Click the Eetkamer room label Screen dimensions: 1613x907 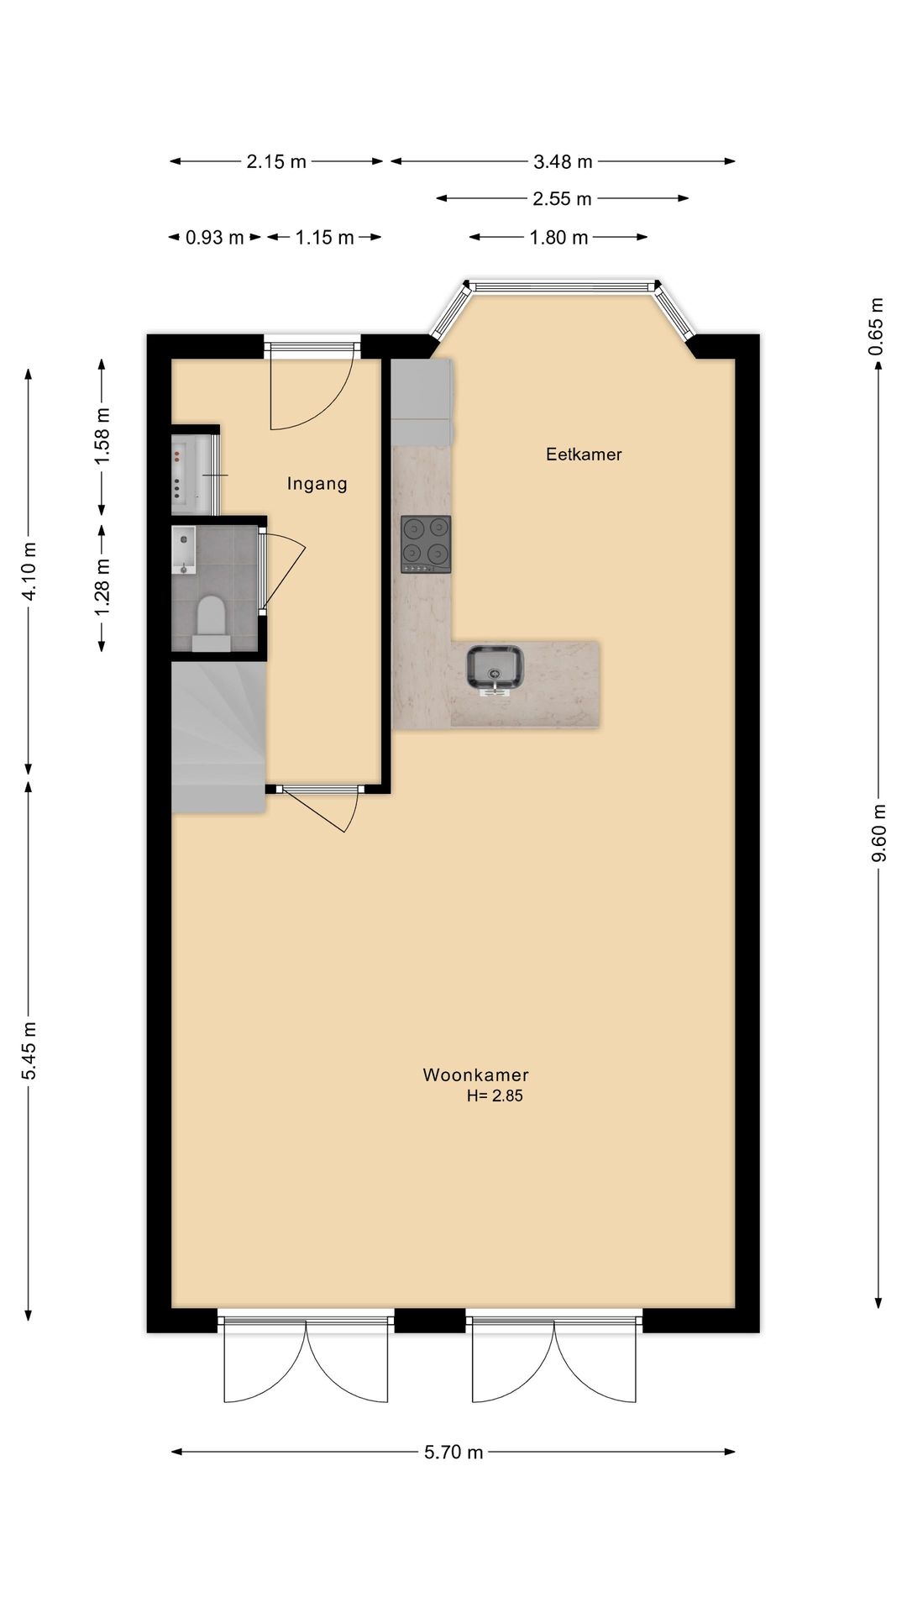[584, 454]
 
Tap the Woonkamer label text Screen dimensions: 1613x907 [475, 1074]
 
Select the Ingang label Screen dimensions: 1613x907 [317, 483]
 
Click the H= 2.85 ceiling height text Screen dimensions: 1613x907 [495, 1095]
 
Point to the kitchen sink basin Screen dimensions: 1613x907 [495, 670]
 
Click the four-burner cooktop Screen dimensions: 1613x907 [426, 544]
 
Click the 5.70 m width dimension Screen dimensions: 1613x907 [453, 1452]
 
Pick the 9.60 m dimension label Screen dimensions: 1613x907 [878, 833]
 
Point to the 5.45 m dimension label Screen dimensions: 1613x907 [29, 1050]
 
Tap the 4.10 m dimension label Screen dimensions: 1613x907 [29, 571]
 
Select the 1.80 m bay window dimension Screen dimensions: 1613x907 [558, 238]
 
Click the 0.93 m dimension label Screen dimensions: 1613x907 [214, 238]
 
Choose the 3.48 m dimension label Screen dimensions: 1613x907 [563, 161]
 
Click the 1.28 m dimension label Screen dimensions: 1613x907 [102, 586]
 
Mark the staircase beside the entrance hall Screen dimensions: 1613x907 [217, 735]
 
